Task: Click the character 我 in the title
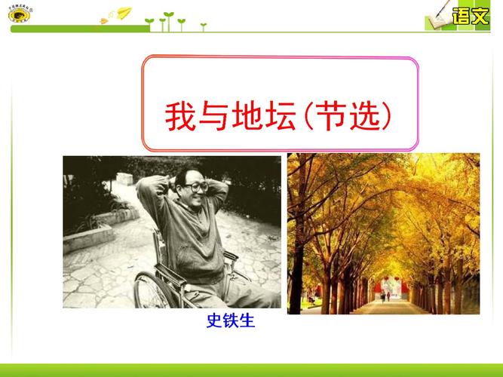(x=181, y=117)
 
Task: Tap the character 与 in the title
(x=219, y=117)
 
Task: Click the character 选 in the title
(x=378, y=117)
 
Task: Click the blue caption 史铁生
(x=231, y=322)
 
